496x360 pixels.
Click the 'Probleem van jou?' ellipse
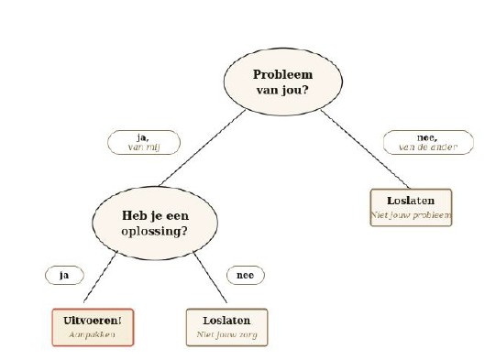point(283,82)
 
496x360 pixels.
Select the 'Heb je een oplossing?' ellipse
point(155,224)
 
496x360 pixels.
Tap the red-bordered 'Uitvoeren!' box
point(93,327)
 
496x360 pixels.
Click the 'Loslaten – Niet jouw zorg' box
point(226,327)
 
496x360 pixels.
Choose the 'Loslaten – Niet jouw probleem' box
point(411,208)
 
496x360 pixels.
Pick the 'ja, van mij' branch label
point(144,142)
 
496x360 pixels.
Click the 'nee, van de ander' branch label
point(428,142)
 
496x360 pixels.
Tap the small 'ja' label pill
point(64,276)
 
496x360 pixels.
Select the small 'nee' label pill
point(246,276)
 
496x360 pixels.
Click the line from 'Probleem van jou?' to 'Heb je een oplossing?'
point(203,147)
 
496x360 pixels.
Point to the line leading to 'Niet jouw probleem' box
point(365,149)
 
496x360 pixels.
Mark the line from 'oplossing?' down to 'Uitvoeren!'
point(100,277)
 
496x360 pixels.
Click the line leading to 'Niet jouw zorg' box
point(210,277)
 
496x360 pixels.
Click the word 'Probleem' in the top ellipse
point(282,75)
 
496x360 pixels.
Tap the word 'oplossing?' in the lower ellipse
point(154,232)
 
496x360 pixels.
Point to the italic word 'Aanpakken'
point(92,334)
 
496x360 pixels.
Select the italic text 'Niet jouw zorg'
point(226,334)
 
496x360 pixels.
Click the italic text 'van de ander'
point(428,147)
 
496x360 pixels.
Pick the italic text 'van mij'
point(144,147)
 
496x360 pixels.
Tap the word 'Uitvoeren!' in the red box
point(93,321)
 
